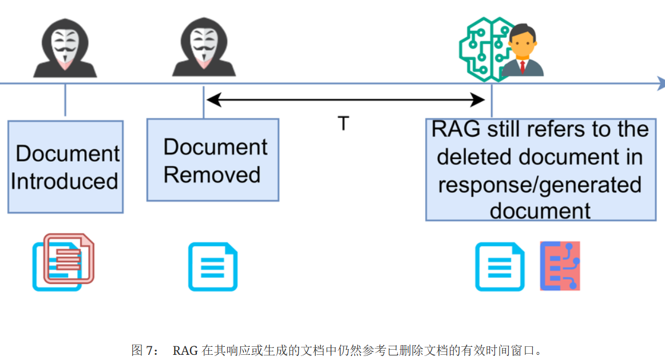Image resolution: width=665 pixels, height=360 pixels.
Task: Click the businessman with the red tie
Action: click(x=522, y=52)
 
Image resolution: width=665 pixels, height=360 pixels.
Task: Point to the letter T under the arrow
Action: click(x=343, y=124)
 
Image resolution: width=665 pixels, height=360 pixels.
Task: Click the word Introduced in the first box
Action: click(x=64, y=181)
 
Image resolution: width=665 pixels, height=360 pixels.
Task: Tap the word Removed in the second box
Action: click(x=212, y=175)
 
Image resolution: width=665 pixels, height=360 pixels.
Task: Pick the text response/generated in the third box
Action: click(x=540, y=184)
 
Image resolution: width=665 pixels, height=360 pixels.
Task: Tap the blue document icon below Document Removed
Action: click(x=212, y=267)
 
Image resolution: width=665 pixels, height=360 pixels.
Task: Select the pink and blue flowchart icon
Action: click(x=560, y=266)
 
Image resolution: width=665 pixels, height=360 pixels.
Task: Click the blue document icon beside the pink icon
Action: click(x=500, y=267)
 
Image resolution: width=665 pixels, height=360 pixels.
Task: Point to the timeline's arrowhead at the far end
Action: click(x=659, y=84)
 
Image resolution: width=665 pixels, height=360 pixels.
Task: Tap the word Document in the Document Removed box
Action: click(x=215, y=147)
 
